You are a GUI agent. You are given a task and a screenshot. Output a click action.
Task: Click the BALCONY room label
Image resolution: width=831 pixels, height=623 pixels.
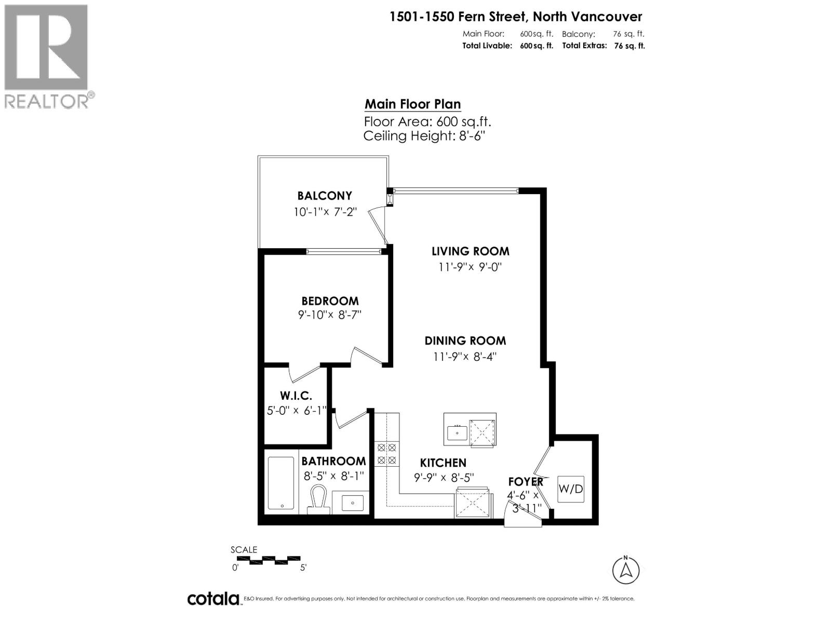(325, 196)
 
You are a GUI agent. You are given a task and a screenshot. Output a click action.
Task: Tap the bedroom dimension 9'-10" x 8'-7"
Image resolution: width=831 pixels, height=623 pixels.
(329, 315)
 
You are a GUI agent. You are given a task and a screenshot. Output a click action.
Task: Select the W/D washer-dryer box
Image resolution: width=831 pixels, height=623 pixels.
(570, 489)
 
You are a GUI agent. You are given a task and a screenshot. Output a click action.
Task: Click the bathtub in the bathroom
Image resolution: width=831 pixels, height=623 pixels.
(281, 483)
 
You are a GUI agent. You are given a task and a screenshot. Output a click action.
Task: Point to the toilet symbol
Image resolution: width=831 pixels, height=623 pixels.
(319, 499)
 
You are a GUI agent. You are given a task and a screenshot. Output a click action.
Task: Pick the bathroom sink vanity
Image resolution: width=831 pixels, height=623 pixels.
(353, 503)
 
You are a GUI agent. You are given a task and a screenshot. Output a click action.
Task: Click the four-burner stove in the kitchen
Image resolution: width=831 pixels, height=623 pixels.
(386, 453)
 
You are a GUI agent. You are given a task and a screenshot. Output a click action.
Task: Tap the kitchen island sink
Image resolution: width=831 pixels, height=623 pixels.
(457, 432)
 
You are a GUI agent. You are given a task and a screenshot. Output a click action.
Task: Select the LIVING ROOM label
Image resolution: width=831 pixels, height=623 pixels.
(471, 251)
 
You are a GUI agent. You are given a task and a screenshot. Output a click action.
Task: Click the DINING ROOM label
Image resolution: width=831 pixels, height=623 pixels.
(465, 341)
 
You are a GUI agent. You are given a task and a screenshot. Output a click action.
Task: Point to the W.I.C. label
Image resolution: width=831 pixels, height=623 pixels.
(296, 396)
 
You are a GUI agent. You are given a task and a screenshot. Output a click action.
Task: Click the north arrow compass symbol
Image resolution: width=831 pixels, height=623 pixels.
(626, 570)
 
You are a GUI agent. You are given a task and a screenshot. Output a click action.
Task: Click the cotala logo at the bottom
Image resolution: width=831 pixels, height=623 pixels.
(213, 599)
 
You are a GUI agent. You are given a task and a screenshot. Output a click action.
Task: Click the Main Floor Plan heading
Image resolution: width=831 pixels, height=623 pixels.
(412, 104)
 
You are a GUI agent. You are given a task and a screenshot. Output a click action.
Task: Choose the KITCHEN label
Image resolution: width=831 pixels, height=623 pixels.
(443, 463)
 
